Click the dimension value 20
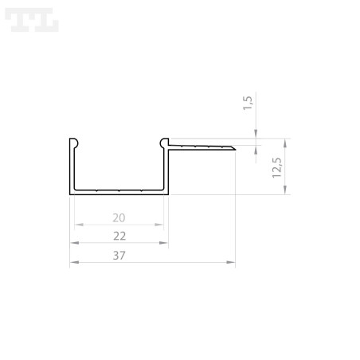[119, 217]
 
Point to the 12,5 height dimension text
[276, 167]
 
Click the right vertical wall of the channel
[166, 169]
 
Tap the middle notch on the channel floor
[118, 191]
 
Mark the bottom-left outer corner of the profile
[70, 194]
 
